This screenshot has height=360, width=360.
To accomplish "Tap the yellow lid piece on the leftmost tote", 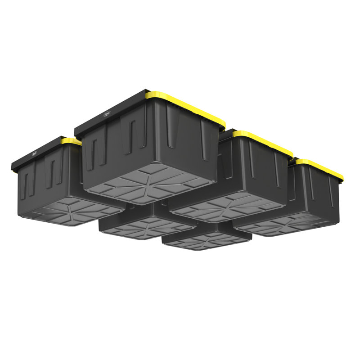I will click(x=71, y=141).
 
